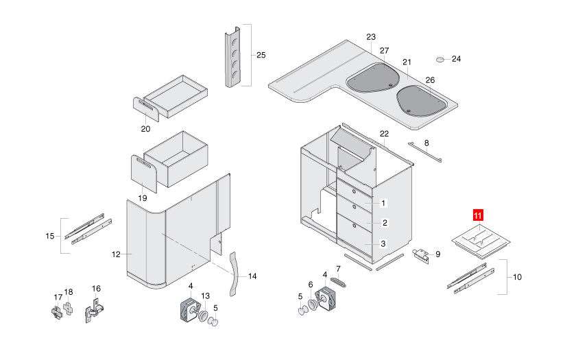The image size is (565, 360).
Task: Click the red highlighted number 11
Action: coord(478,217)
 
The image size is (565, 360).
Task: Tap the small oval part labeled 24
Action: coord(442,59)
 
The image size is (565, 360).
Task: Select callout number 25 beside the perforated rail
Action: coord(261,55)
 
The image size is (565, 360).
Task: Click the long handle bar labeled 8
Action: coord(425,152)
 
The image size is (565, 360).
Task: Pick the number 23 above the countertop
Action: coord(371,36)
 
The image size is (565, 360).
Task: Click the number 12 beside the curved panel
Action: coord(116,254)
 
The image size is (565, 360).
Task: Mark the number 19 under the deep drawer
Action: coord(143,197)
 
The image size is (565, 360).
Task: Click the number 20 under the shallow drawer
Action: coord(145,128)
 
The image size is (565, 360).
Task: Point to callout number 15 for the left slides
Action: coord(49,236)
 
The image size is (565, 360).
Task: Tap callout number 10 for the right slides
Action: coord(516,277)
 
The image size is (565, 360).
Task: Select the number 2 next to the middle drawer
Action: coord(385,223)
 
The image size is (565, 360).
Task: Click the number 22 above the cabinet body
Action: coord(384,133)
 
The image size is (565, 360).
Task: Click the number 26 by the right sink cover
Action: coord(430,80)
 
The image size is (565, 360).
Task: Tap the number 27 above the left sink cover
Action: coord(384,51)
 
